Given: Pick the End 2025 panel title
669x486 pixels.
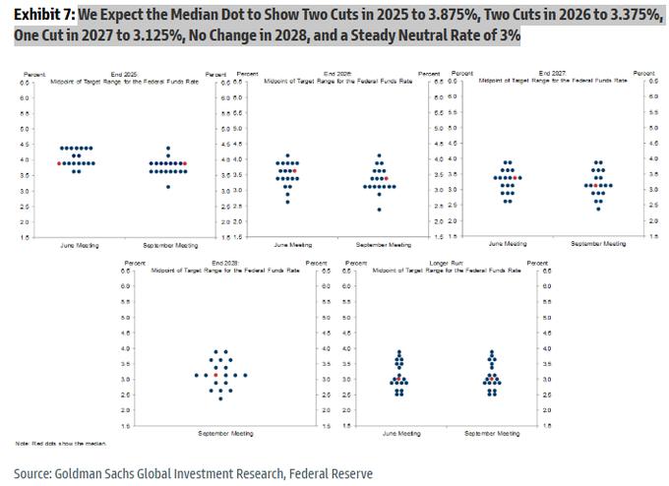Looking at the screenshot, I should click(124, 74).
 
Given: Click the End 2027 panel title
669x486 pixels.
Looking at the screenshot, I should click(551, 74).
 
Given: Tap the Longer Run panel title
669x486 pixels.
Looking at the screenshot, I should click(441, 264).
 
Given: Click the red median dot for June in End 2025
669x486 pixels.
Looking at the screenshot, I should click(59, 163).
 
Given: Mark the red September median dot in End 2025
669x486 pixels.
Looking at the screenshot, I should click(184, 163).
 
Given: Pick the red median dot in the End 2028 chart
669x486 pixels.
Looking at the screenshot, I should click(214, 375).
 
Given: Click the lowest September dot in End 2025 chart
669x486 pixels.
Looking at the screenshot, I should click(168, 187).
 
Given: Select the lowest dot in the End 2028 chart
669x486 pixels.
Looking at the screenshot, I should click(220, 398).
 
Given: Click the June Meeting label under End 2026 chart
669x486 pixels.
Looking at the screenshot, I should click(293, 244).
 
